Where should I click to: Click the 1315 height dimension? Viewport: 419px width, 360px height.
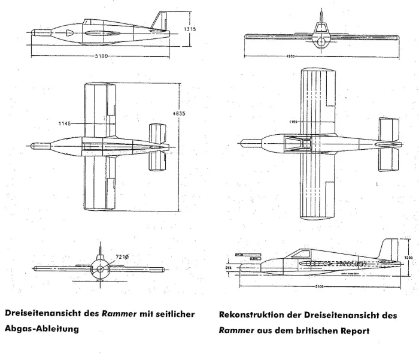click(190, 29)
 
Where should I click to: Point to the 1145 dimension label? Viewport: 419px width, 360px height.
click(65, 123)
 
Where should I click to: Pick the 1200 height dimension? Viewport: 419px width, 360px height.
click(408, 257)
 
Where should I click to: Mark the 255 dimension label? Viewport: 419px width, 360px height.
click(228, 268)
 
